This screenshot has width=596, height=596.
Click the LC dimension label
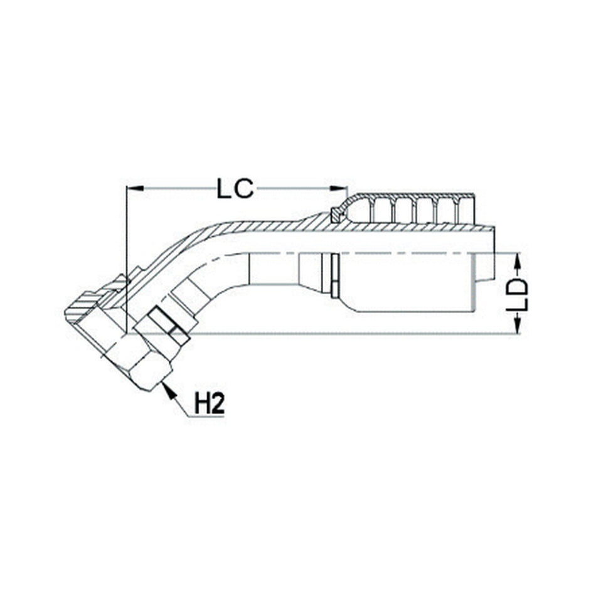click(x=235, y=189)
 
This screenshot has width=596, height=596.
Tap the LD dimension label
click(x=518, y=295)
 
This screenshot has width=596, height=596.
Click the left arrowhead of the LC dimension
click(x=134, y=188)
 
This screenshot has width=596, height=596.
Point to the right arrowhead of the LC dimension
click(x=339, y=188)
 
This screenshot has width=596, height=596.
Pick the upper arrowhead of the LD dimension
click(x=518, y=263)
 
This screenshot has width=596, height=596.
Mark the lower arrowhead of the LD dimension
click(x=518, y=326)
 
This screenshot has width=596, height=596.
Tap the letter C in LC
click(x=244, y=189)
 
